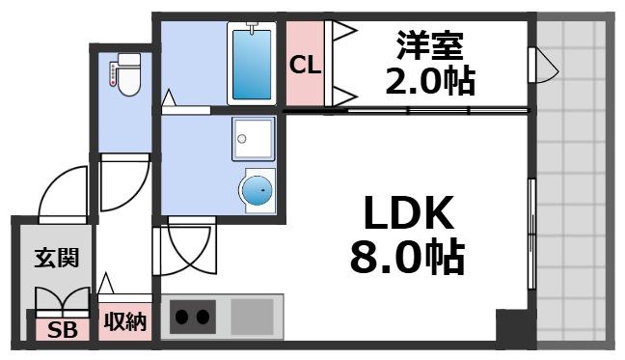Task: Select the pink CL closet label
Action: tap(306, 66)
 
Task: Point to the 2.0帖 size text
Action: tap(430, 82)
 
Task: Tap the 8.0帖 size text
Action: tap(406, 259)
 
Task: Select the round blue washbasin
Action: tap(257, 190)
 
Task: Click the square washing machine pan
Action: tap(253, 139)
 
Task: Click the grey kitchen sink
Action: tap(253, 316)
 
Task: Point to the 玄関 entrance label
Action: tap(51, 259)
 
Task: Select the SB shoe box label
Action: tap(62, 331)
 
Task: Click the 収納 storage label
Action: tap(124, 321)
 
